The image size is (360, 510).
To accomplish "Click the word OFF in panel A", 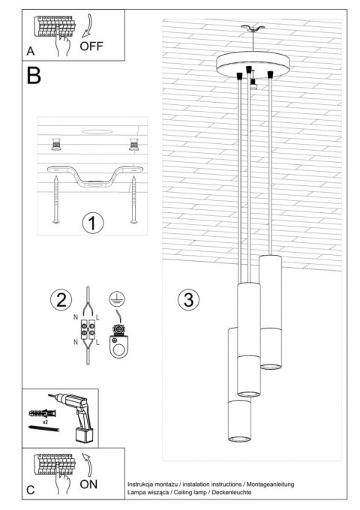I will pos(91,45).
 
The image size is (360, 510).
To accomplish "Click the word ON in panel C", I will pos(88,484).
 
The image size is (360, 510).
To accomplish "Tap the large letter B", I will pos(34,75).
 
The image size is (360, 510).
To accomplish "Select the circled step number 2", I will pos(59,300).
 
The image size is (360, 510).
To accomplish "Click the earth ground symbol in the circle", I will pos(117,297).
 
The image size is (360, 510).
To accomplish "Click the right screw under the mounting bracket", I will pos(133,201).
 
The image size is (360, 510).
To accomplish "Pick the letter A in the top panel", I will pos(30,51).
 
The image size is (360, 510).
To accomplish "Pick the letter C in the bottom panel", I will pos(30,490).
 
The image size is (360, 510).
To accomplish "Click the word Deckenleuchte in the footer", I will pos(229,492).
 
